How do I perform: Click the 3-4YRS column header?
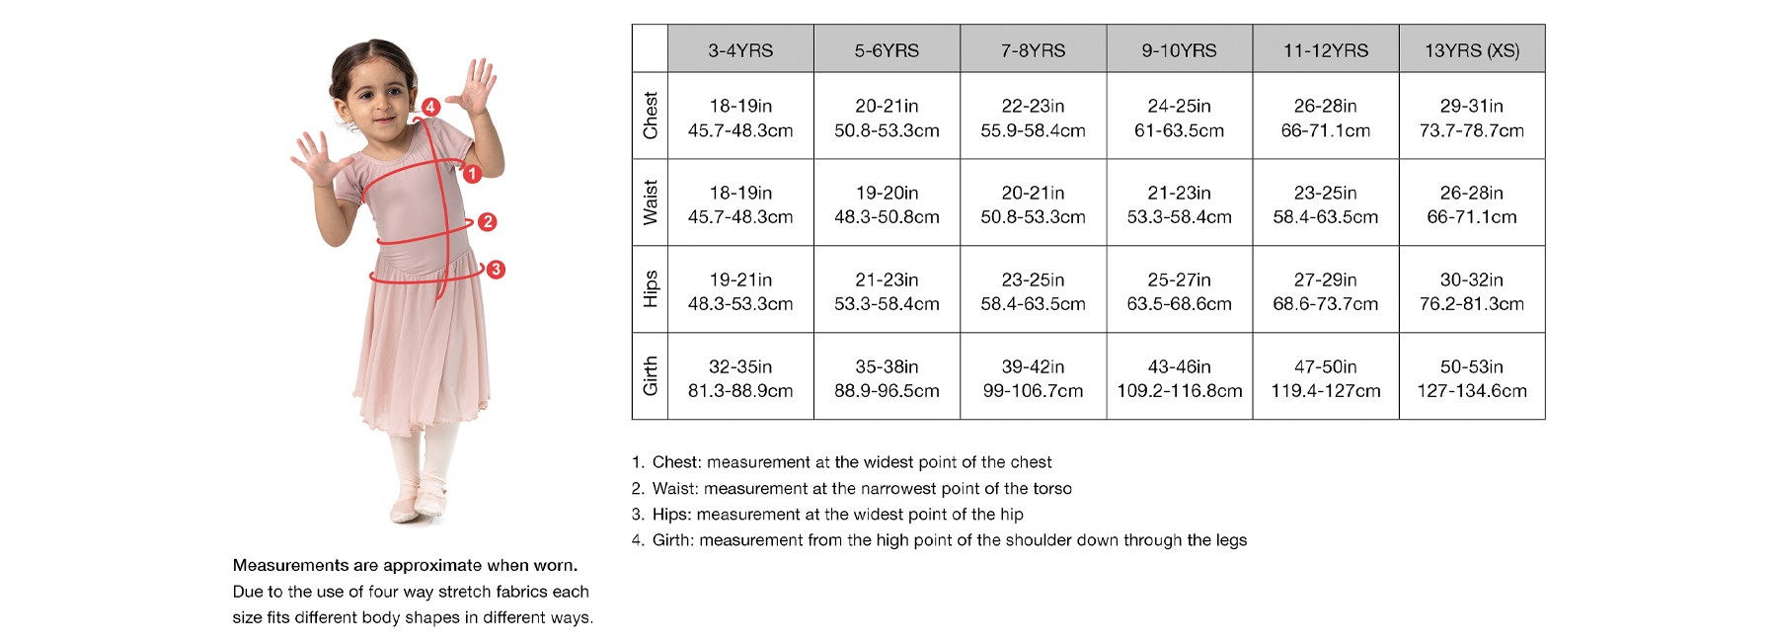[x=740, y=49]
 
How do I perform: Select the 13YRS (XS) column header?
[x=1472, y=49]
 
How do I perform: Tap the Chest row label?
[x=650, y=116]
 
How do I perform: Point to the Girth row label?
[x=650, y=376]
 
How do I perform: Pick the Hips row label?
[x=650, y=288]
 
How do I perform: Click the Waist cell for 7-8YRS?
[x=1033, y=203]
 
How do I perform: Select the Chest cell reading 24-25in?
[x=1179, y=117]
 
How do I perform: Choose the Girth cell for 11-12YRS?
[x=1325, y=377]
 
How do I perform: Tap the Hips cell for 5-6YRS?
[x=887, y=290]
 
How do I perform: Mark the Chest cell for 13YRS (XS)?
[x=1472, y=117]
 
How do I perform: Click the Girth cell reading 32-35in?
[x=740, y=377]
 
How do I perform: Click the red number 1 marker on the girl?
[x=472, y=174]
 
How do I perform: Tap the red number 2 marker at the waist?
[x=487, y=222]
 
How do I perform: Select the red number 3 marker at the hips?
[x=496, y=270]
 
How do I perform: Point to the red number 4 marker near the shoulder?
[x=430, y=107]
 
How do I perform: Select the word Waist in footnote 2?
[x=674, y=488]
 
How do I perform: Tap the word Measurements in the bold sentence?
[x=290, y=565]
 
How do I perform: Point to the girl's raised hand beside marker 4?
[x=477, y=87]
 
